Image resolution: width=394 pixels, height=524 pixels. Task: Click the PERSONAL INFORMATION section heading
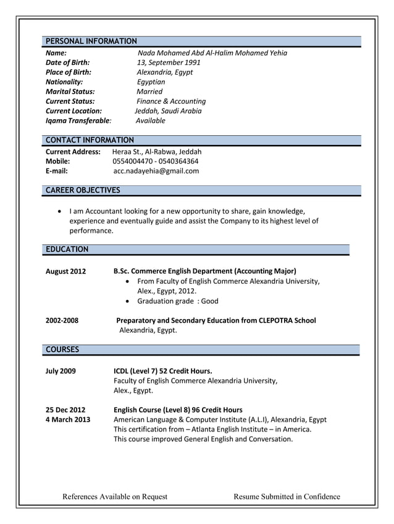[91, 41]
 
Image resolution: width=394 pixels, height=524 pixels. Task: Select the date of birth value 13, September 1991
[169, 62]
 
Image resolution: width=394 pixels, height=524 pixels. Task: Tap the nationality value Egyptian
[151, 81]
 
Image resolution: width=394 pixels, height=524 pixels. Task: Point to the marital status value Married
[149, 91]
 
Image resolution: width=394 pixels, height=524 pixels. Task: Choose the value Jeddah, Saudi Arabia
[168, 111]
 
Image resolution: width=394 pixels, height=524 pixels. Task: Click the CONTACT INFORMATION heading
[90, 140]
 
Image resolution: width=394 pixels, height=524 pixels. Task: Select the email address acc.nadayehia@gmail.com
[156, 171]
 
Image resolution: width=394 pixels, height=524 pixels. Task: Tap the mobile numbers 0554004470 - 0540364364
[156, 161]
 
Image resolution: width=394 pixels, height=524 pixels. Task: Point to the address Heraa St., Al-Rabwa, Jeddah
[157, 151]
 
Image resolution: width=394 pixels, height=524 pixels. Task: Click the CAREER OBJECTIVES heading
[83, 190]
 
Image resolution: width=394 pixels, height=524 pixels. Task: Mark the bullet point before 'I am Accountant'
[59, 211]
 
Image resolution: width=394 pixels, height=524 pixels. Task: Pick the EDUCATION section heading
[67, 249]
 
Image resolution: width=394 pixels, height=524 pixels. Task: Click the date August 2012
[65, 271]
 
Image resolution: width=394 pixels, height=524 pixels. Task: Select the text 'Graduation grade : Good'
[178, 301]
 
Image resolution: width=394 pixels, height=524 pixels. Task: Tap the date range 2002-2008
[62, 320]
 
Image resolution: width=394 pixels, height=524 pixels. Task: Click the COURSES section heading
[62, 349]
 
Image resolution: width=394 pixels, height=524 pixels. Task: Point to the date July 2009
[61, 371]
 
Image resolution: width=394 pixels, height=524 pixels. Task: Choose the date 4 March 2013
[68, 420]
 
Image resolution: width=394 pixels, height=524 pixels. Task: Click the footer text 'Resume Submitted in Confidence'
[287, 496]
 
